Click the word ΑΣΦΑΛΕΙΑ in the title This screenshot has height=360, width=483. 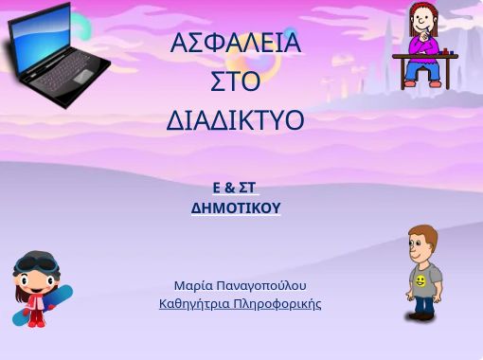236,44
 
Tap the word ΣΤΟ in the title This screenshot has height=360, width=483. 235,82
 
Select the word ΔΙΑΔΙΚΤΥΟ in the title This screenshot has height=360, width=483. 235,121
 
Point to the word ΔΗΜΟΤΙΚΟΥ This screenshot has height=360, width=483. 236,207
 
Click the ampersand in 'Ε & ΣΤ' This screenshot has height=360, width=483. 230,188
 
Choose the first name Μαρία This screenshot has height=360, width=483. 192,285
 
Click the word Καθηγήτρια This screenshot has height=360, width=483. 193,304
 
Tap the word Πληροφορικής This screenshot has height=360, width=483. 277,304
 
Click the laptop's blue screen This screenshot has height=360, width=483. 43,38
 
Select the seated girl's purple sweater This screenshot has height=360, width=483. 423,45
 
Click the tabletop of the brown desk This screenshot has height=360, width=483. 426,56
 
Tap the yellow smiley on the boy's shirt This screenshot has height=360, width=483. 420,281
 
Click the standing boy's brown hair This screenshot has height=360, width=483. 421,234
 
